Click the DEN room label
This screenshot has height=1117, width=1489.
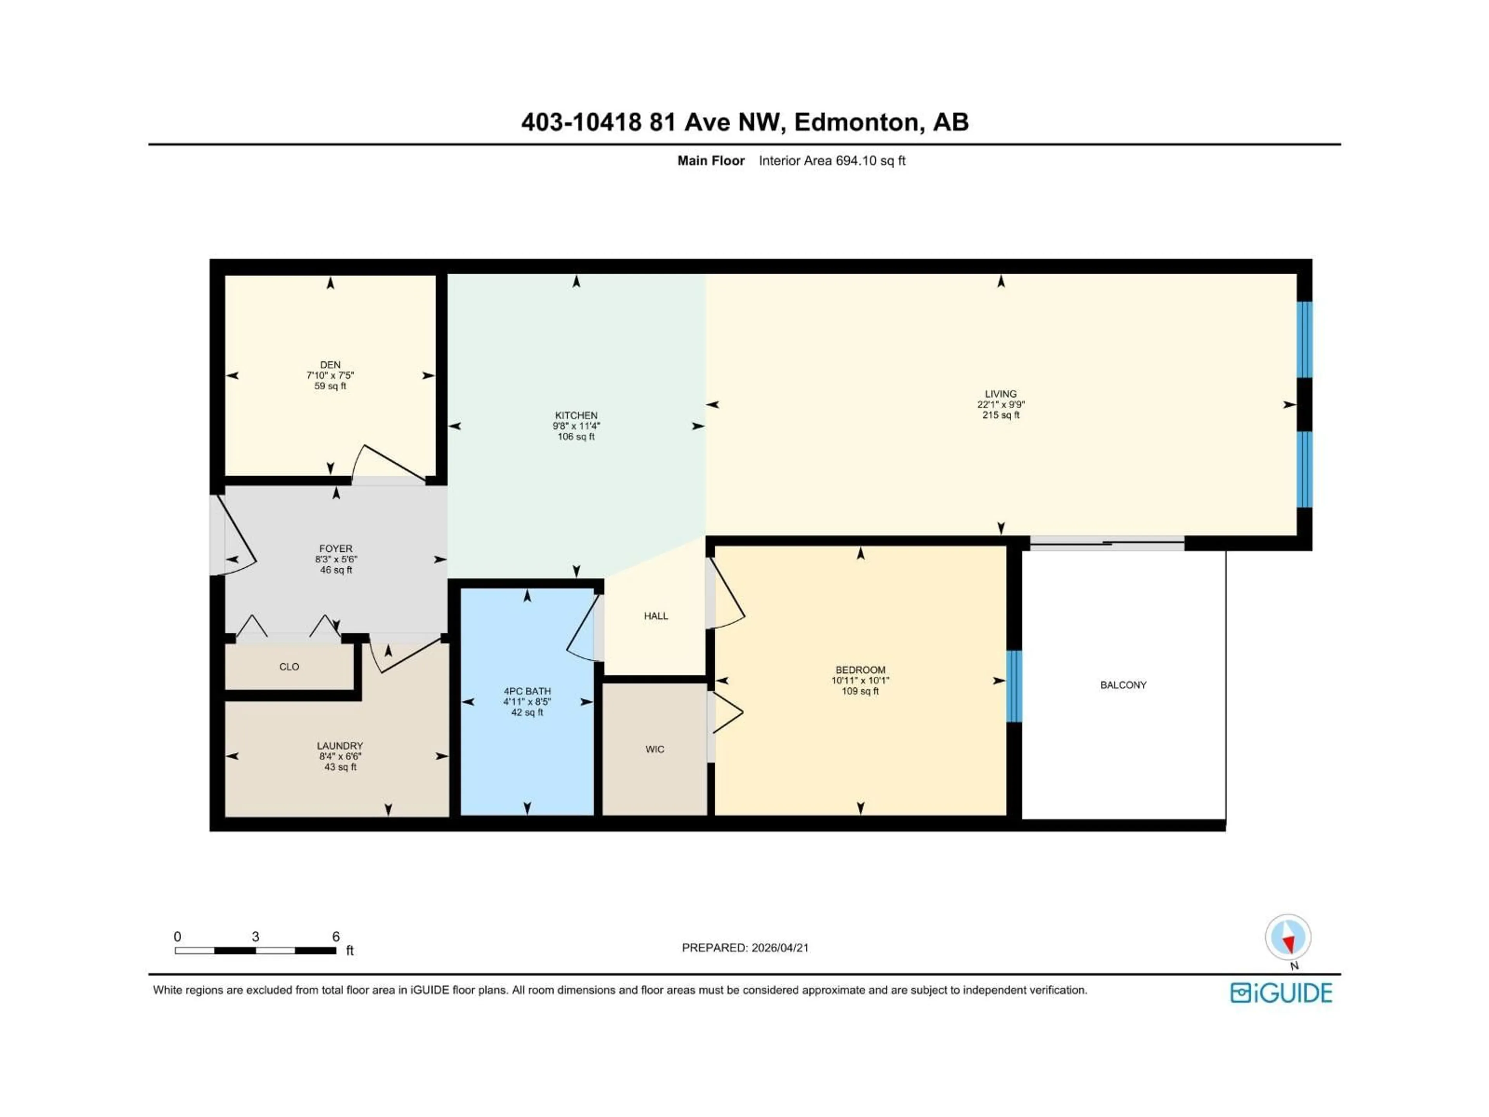coord(330,365)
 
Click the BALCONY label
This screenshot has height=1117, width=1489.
coord(1123,685)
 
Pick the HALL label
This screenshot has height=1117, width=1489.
coord(656,616)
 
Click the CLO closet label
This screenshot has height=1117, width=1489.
coord(289,667)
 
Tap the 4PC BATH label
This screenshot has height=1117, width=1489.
coord(527,691)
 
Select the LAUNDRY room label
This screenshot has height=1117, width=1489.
coord(340,746)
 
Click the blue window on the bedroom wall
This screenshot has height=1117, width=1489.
coord(1014,685)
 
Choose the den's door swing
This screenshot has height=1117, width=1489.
coord(387,463)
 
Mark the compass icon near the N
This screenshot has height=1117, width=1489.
coord(1287,937)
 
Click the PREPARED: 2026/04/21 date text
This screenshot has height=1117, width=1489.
coord(745,948)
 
